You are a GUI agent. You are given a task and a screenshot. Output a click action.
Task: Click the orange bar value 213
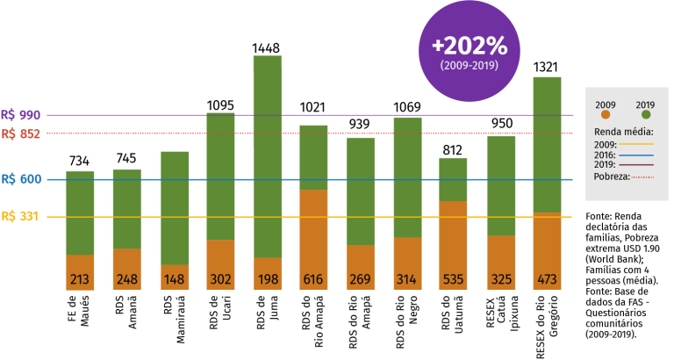[x=80, y=280]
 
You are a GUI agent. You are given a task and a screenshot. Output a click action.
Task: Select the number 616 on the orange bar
[x=313, y=280]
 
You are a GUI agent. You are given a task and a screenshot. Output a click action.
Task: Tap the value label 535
[x=453, y=280]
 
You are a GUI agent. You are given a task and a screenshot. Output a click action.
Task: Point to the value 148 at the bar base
[x=174, y=280]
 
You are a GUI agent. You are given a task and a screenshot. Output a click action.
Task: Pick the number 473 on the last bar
[x=547, y=280]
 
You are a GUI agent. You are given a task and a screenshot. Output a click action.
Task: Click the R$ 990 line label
[x=21, y=115]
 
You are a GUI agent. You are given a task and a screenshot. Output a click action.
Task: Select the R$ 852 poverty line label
[x=21, y=134]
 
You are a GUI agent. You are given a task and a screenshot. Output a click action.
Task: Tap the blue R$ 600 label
[x=21, y=179]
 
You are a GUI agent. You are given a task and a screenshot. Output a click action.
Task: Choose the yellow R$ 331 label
[x=21, y=217]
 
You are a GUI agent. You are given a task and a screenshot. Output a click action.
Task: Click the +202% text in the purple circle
[x=469, y=46]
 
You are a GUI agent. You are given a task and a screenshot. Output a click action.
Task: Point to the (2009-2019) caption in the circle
[x=469, y=65]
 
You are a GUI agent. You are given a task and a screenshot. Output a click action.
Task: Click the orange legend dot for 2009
[x=606, y=115]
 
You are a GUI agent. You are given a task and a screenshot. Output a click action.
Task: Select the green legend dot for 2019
[x=646, y=115]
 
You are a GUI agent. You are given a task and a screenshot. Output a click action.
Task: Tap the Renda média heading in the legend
[x=623, y=132]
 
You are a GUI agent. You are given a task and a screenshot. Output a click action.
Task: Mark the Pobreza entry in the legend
[x=612, y=176]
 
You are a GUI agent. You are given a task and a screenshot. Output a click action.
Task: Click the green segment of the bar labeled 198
[x=267, y=158]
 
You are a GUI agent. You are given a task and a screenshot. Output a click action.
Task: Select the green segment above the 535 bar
[x=453, y=179]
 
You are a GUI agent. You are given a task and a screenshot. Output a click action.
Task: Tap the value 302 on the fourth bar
[x=220, y=280]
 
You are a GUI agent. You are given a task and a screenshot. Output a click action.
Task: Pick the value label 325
[x=501, y=280]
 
